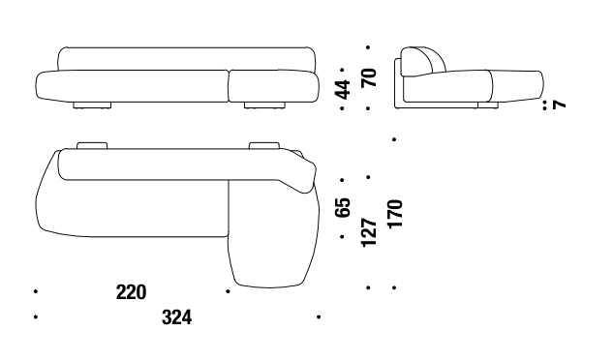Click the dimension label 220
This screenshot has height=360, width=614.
click(131, 292)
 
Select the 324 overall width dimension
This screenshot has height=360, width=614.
click(177, 317)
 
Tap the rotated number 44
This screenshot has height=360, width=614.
click(343, 89)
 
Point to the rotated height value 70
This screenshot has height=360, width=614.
click(369, 77)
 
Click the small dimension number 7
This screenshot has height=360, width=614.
click(559, 105)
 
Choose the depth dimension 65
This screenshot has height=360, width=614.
click(343, 207)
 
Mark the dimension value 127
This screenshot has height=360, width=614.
click(369, 232)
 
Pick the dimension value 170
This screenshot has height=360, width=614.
click(395, 214)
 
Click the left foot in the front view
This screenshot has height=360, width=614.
click(92, 105)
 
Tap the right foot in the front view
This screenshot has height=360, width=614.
click(264, 105)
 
